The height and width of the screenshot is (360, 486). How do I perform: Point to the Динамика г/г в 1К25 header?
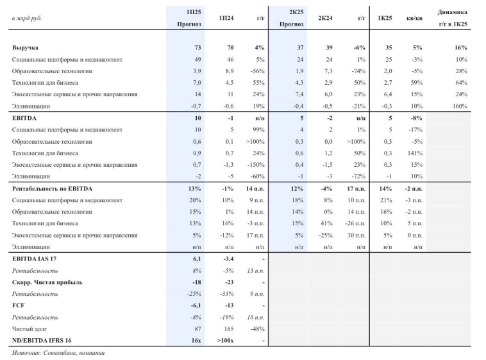click(452, 18)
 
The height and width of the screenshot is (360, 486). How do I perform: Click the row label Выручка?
click(25, 48)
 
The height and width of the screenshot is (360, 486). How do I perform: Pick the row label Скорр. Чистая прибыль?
click(47, 282)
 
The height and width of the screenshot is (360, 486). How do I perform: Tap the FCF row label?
click(19, 305)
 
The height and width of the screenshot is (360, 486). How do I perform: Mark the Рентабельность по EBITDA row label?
click(52, 189)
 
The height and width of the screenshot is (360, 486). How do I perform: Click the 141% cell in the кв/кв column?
click(414, 153)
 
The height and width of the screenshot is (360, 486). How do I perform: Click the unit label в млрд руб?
click(27, 19)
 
